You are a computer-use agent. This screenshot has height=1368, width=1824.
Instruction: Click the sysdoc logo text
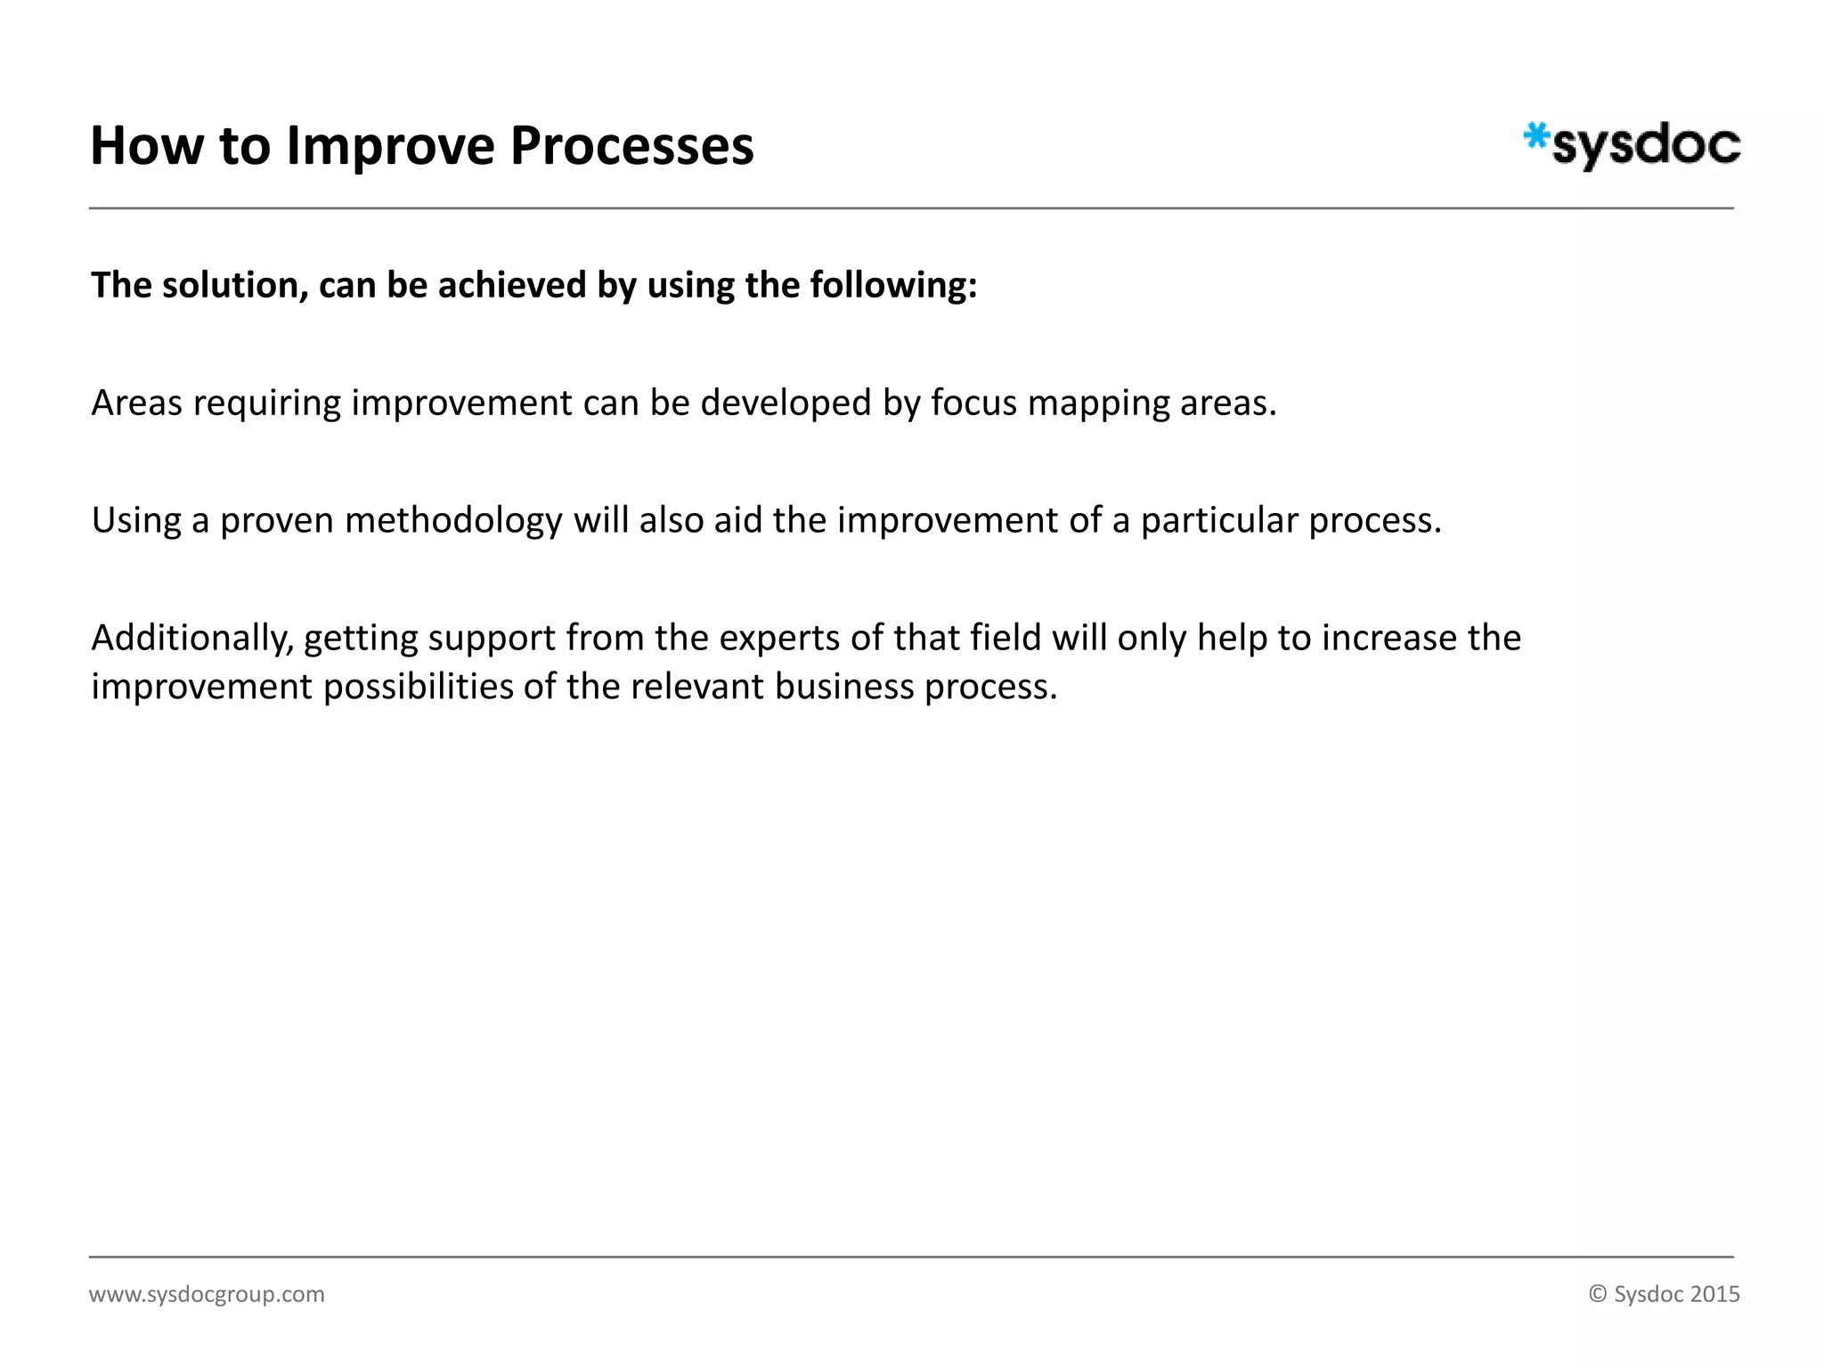1646,146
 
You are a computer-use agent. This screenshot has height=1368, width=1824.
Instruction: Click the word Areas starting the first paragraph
137,403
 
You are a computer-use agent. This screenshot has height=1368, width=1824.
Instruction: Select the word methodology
453,520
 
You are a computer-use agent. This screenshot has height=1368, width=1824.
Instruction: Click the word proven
277,520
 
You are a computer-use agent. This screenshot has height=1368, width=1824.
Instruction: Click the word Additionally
192,638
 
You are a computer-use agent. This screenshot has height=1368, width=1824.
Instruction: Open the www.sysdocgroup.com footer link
207,1294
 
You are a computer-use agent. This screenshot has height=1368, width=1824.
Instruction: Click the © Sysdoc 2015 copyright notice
1664,1294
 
